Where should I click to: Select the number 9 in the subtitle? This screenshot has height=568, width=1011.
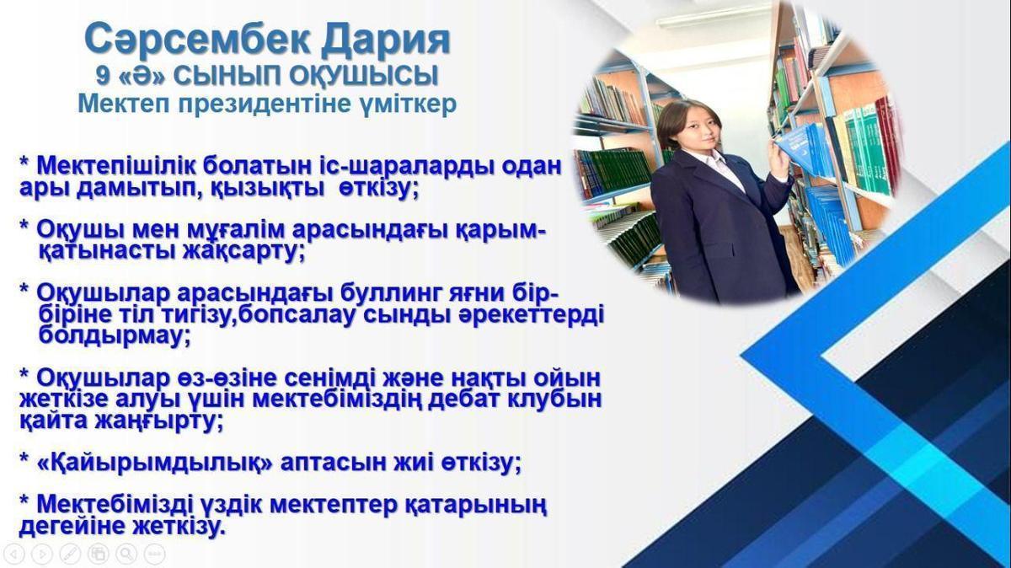[x=103, y=75]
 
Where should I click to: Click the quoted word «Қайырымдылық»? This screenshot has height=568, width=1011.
[x=156, y=463]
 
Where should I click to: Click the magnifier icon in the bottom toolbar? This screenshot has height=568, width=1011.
[x=126, y=553]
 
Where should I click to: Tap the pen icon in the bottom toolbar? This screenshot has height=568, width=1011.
[x=70, y=554]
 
